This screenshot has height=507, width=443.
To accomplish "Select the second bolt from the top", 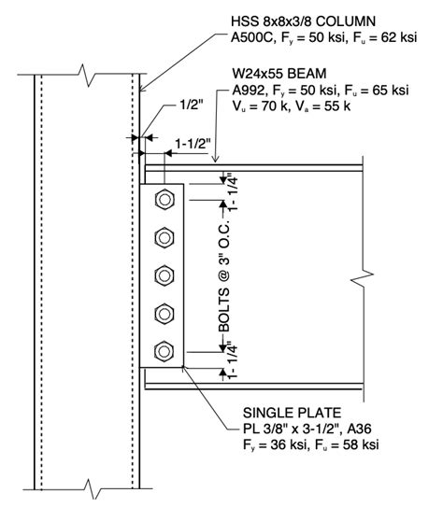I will point(165,236).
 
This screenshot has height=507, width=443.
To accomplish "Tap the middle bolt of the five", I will point(165,275).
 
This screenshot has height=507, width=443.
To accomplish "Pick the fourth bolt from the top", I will point(165,313).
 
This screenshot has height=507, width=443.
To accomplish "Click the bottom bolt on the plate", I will point(165,351).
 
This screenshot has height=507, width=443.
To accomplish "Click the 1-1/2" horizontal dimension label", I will point(193,143).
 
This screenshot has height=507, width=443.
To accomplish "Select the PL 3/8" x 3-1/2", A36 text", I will point(308,429).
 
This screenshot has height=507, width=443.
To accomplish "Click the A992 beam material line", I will point(320,91).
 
